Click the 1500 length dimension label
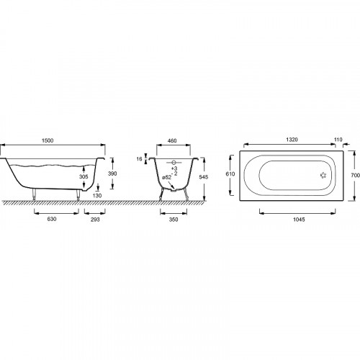point(48,140)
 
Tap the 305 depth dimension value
point(84,177)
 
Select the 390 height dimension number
point(112,174)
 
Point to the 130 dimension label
point(97,196)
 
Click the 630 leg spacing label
point(52,219)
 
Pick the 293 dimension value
point(95,220)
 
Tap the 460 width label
point(172,140)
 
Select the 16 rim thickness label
point(139,159)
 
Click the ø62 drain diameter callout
point(167,178)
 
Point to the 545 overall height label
point(204,177)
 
